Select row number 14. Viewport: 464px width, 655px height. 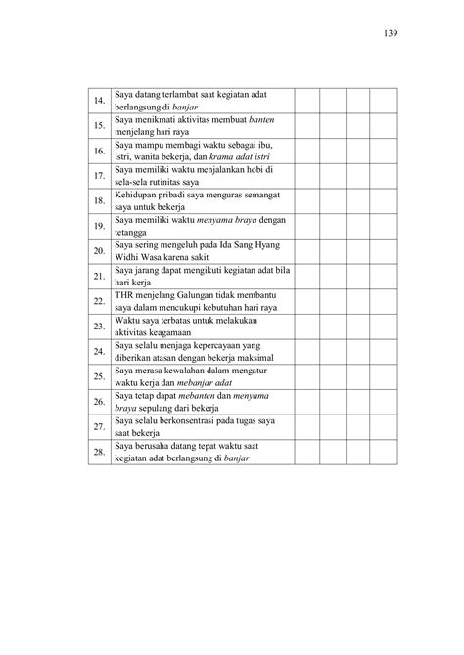pyautogui.click(x=98, y=101)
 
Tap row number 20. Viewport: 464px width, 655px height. pyautogui.click(x=98, y=251)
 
